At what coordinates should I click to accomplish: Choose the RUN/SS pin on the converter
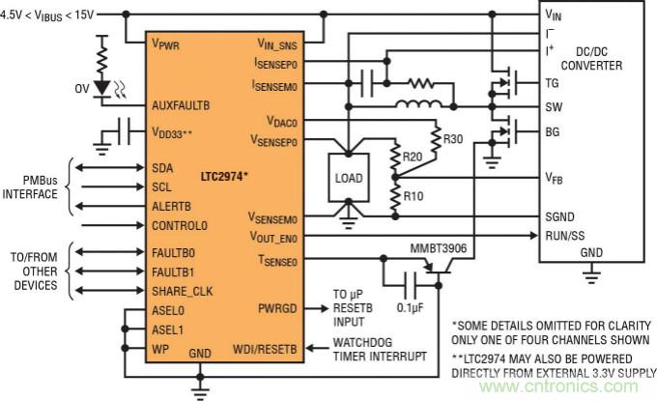(563, 234)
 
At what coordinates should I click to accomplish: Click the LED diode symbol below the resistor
(102, 88)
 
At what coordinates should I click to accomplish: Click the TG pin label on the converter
(553, 84)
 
